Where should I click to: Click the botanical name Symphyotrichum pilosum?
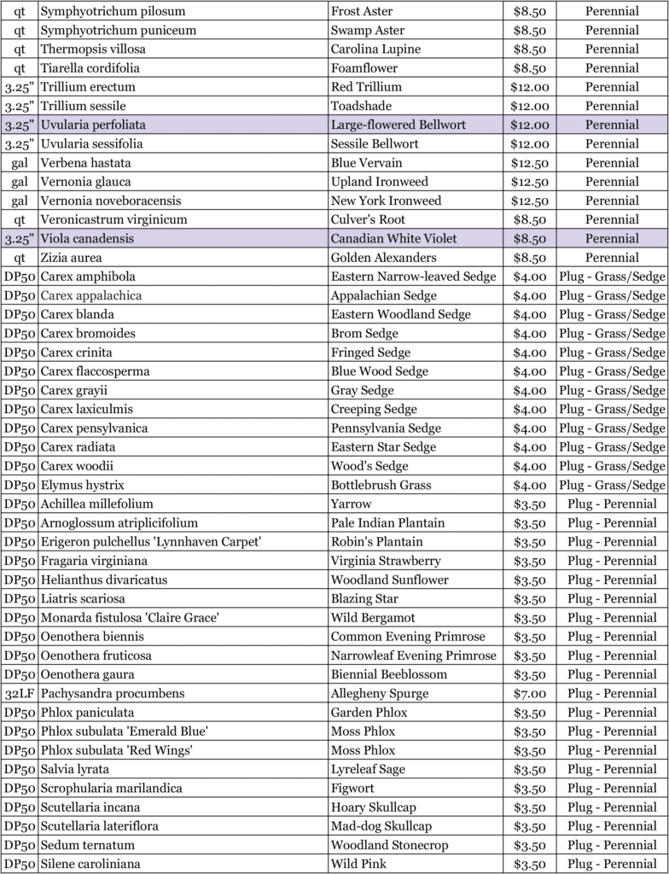[113, 12]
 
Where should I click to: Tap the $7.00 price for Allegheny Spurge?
[530, 693]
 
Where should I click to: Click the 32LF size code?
[20, 693]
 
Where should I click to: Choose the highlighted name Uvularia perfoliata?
[93, 125]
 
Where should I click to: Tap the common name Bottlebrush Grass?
[381, 485]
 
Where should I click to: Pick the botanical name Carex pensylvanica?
[94, 428]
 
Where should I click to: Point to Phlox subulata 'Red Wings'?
[116, 750]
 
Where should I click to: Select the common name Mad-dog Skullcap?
[381, 825]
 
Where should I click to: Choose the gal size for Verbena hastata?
[20, 162]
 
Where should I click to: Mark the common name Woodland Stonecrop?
[391, 845]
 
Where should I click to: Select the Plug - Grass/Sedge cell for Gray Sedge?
[612, 390]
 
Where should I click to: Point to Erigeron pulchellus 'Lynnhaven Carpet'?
[150, 541]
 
